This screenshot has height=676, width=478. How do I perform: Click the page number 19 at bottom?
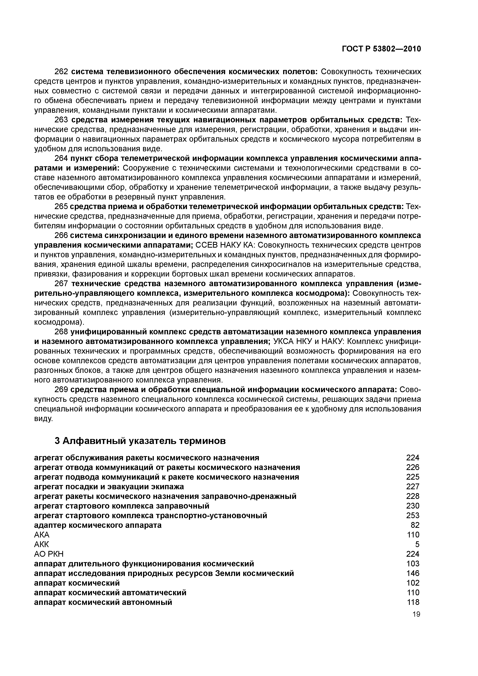[416, 614]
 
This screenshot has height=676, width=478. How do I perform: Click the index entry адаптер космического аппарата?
[98, 525]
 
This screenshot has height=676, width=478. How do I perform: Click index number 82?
[415, 525]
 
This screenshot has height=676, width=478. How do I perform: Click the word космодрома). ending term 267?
[59, 322]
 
